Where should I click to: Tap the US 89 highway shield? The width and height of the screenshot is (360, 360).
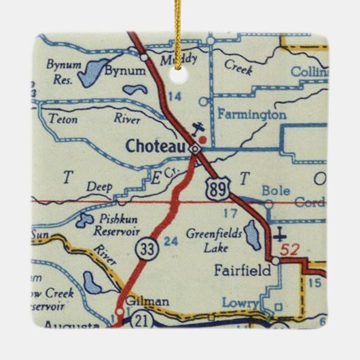click(x=216, y=187)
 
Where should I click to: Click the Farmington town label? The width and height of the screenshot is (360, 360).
click(x=251, y=115)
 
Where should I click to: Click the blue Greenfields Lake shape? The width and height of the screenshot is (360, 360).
click(x=252, y=235)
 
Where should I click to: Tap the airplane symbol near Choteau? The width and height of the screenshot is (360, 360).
click(x=198, y=127)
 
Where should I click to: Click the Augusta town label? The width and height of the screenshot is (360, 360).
click(x=71, y=327)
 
